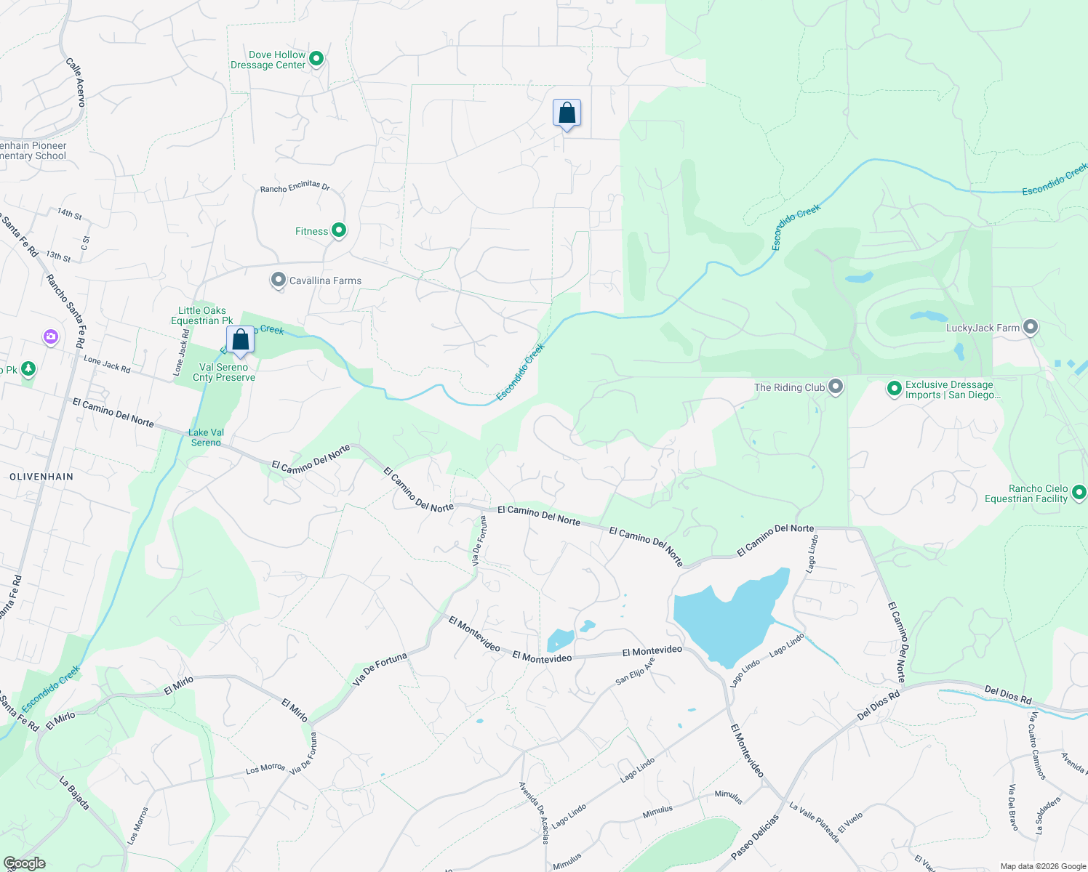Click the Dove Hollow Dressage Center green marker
(x=316, y=59)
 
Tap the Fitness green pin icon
(x=338, y=230)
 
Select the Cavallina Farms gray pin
(x=278, y=280)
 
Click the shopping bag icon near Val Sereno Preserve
(x=241, y=340)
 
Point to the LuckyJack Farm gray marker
(x=1030, y=327)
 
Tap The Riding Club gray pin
(x=836, y=387)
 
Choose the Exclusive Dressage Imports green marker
(x=895, y=389)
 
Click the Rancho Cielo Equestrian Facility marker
(x=1079, y=493)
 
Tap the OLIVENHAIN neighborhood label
(x=41, y=477)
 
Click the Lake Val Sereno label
(x=206, y=437)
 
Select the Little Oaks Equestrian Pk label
(x=202, y=315)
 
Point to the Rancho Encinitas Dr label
(x=295, y=187)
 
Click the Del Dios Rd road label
(x=1008, y=695)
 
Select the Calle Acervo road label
(x=76, y=82)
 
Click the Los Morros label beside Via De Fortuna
(x=265, y=768)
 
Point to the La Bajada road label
(x=74, y=794)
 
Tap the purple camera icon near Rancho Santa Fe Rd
(x=50, y=336)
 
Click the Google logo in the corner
(x=24, y=863)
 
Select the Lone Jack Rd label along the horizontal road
(x=107, y=363)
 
